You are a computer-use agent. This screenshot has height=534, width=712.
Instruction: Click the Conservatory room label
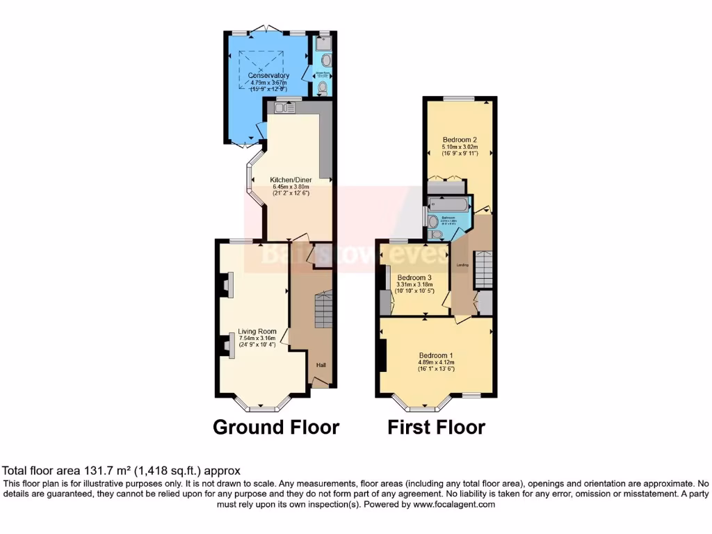pyautogui.click(x=270, y=75)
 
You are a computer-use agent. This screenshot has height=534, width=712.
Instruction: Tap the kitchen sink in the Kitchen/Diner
pyautogui.click(x=285, y=107)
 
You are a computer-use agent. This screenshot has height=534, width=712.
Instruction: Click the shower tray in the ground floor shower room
pyautogui.click(x=322, y=42)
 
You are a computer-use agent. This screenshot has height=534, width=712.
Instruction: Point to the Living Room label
pyautogui.click(x=257, y=332)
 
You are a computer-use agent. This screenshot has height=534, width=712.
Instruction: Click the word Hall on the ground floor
pyautogui.click(x=321, y=366)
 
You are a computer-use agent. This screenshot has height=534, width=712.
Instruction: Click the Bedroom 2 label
pyautogui.click(x=460, y=139)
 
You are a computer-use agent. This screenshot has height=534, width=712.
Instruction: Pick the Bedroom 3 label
pyautogui.click(x=414, y=277)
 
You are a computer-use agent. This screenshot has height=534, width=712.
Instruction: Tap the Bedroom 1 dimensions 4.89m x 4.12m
pyautogui.click(x=436, y=362)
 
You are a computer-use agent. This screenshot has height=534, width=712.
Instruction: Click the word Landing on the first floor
pyautogui.click(x=462, y=265)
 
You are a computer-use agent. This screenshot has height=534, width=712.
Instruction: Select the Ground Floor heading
pyautogui.click(x=275, y=426)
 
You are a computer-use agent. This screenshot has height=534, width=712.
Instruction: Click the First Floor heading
pyautogui.click(x=436, y=426)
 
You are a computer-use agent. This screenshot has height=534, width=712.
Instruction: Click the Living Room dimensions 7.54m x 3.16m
pyautogui.click(x=257, y=339)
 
